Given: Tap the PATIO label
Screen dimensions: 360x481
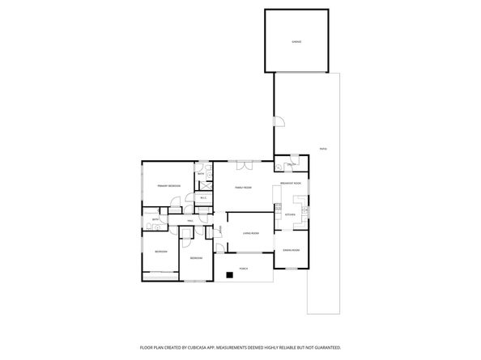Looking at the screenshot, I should pos(322,149).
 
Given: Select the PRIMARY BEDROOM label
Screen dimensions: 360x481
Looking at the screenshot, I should pos(169,187).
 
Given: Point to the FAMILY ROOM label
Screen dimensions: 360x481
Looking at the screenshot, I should pos(244,187).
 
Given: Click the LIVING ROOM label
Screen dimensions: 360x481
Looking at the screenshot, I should pos(251,233).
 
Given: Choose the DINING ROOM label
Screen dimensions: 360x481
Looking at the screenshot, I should pos(291,251).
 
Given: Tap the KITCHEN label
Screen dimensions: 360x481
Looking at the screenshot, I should pos(290,214).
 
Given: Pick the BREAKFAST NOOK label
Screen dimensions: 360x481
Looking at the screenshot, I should pos(291,184).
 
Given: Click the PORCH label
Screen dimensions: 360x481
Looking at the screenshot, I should pos(243,268).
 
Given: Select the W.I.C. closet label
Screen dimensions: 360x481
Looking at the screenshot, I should pos(203,197).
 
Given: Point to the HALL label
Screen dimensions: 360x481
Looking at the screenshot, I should pos(190,220).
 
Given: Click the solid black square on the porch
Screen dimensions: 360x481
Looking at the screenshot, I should pos(230,275).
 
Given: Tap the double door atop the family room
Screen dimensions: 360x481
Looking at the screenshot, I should pos(245,166).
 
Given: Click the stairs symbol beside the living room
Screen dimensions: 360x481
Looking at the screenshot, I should pos(219,231).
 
